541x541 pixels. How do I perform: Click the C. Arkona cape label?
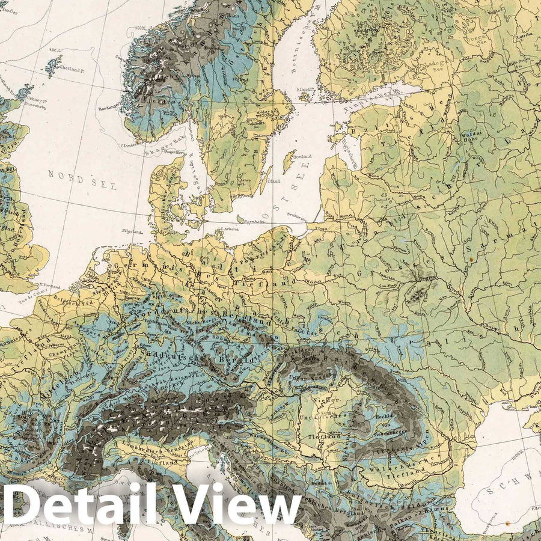tap(229, 229)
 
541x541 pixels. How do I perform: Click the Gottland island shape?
tap(288, 161)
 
